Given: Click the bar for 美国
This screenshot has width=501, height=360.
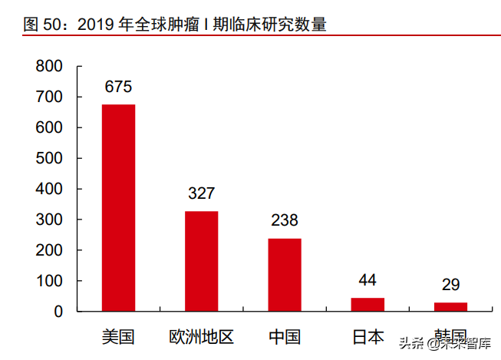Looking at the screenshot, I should (118, 207).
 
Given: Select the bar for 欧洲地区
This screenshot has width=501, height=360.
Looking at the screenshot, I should (201, 261).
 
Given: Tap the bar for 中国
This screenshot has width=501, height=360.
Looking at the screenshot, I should (284, 275).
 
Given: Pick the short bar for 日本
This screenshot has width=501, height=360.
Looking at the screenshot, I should (368, 304).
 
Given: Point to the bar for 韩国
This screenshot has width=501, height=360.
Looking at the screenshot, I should (450, 306).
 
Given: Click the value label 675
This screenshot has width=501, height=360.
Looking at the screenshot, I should (118, 87).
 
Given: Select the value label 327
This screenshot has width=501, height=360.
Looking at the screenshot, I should (201, 193).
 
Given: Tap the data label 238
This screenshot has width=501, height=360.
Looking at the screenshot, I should (284, 221).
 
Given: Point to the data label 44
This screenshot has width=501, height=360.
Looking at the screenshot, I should (368, 280).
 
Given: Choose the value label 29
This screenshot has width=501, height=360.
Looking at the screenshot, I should (450, 285).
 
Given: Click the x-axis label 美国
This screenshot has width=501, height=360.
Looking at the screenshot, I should (118, 336).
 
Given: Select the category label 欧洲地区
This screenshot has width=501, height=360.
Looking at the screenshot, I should (201, 336).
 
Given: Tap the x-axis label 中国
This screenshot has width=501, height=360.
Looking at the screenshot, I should (284, 336).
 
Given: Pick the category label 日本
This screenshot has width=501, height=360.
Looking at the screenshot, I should (368, 336).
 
